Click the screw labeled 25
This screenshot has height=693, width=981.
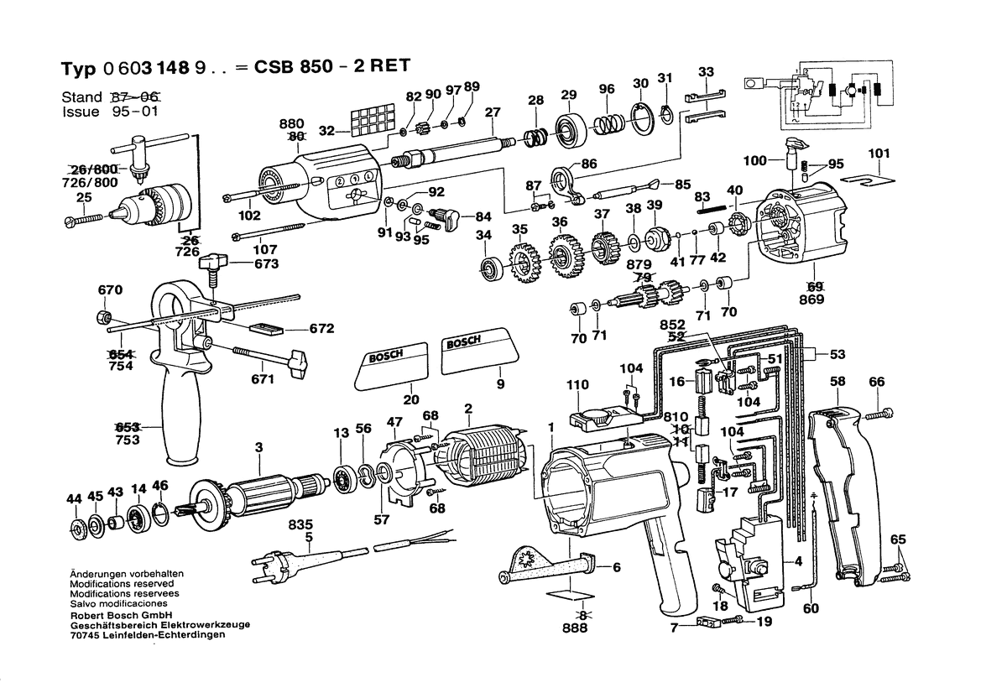tap(83, 219)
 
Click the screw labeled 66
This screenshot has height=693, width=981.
tap(882, 413)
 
